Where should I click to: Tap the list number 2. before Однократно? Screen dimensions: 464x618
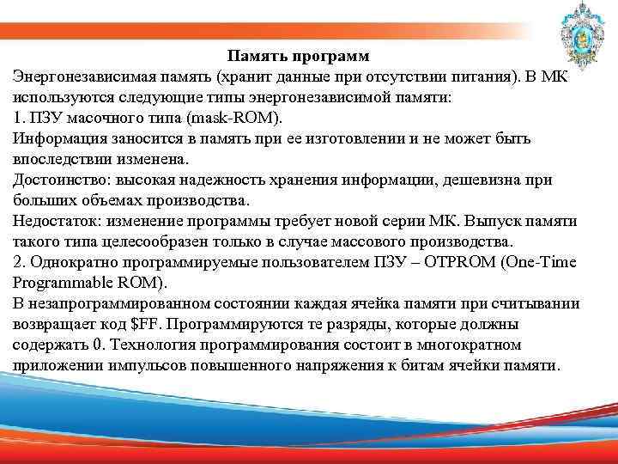(x=20, y=263)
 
